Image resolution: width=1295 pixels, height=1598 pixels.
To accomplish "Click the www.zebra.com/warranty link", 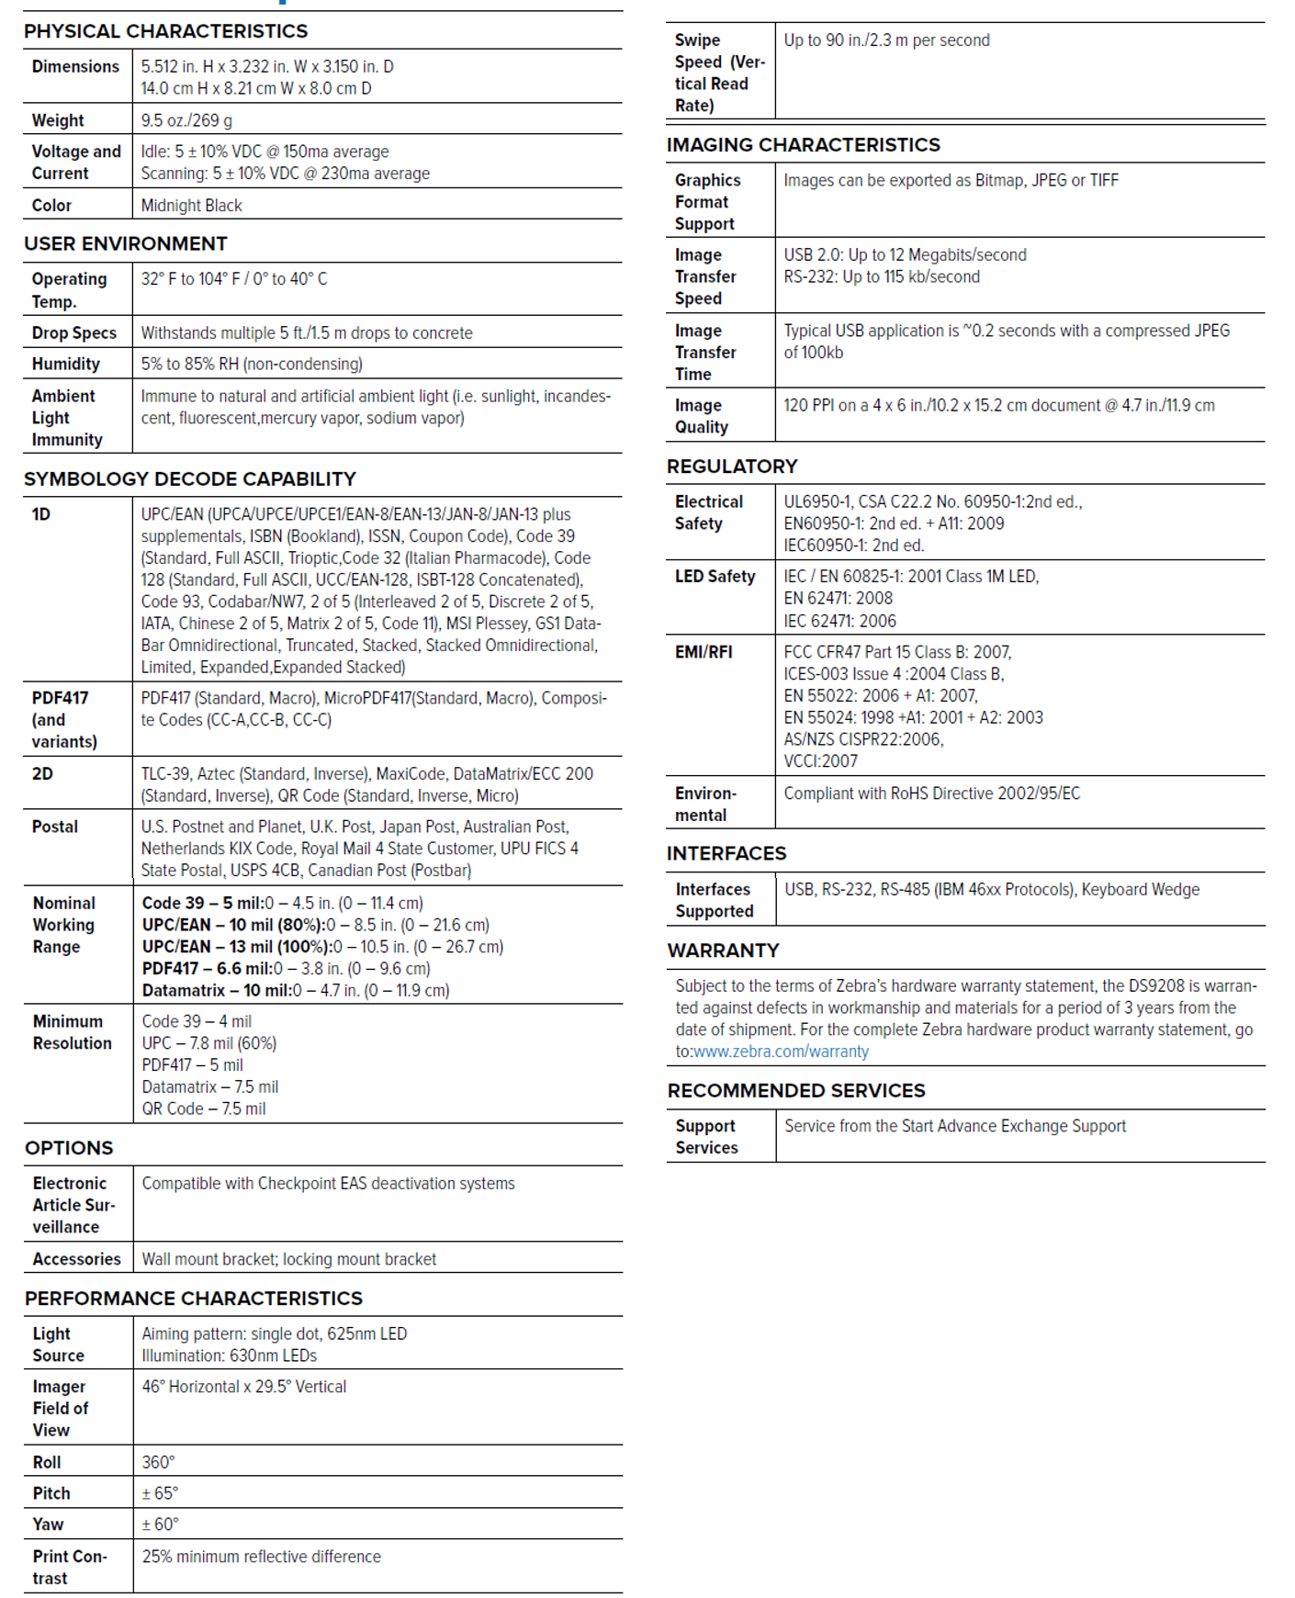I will (781, 1052).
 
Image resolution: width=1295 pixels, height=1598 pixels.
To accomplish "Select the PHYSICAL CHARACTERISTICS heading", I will (165, 31).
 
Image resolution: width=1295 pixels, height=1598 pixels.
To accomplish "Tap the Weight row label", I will (58, 120).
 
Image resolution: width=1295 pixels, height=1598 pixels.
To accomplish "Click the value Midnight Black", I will (191, 206).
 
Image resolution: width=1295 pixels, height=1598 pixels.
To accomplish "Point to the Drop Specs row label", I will (74, 332).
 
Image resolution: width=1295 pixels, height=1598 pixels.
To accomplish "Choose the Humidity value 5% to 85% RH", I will (252, 364).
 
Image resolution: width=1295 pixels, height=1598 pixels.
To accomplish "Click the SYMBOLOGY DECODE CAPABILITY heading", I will (190, 478).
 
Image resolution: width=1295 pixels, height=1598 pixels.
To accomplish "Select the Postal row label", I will (55, 827).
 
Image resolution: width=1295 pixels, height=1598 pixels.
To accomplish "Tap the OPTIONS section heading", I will (69, 1148).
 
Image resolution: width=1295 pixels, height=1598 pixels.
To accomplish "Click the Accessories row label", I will (77, 1259).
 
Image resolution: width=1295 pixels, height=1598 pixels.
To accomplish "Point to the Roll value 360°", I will (158, 1462).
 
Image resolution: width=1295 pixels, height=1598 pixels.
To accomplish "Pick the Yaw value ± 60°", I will (160, 1525).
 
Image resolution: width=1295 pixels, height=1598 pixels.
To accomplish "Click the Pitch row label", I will (51, 1493).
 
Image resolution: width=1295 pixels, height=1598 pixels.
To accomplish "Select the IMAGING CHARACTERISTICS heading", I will (803, 145).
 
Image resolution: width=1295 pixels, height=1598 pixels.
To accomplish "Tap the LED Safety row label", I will (715, 577).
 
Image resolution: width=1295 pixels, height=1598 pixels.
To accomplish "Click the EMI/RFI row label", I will (704, 652).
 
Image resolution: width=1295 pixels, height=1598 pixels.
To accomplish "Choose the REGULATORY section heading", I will (732, 467).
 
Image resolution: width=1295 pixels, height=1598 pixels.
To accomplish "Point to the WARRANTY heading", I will (723, 951).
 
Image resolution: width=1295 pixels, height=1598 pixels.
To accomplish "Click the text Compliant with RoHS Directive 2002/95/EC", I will (931, 793).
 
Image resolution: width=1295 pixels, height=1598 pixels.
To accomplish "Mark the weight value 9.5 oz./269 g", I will (186, 120).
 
